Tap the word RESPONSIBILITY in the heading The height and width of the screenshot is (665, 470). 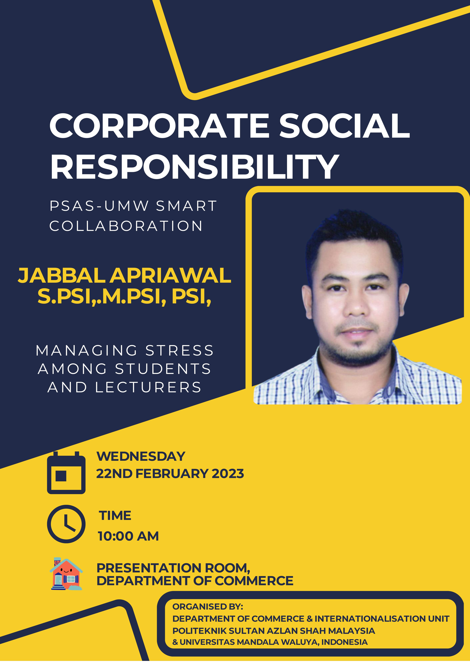pyautogui.click(x=195, y=167)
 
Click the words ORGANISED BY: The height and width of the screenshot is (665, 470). pyautogui.click(x=208, y=607)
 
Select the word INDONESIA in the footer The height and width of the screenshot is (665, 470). pyautogui.click(x=344, y=642)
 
